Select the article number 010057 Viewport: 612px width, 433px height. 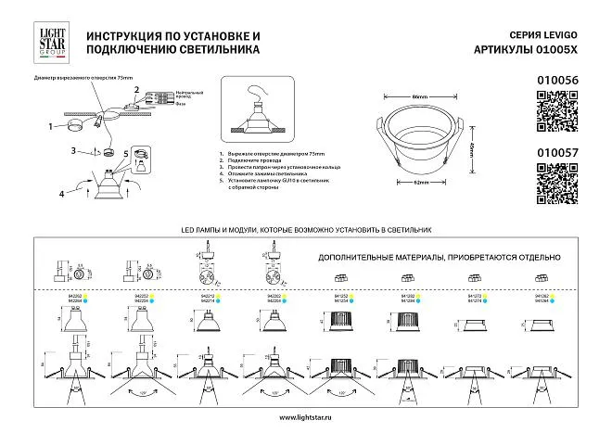(x=557, y=146)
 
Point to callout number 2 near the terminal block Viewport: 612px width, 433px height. (x=135, y=91)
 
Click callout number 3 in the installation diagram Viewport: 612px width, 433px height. (x=72, y=150)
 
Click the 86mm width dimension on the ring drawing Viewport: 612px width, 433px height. (x=418, y=96)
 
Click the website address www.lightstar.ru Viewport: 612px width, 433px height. (x=305, y=416)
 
